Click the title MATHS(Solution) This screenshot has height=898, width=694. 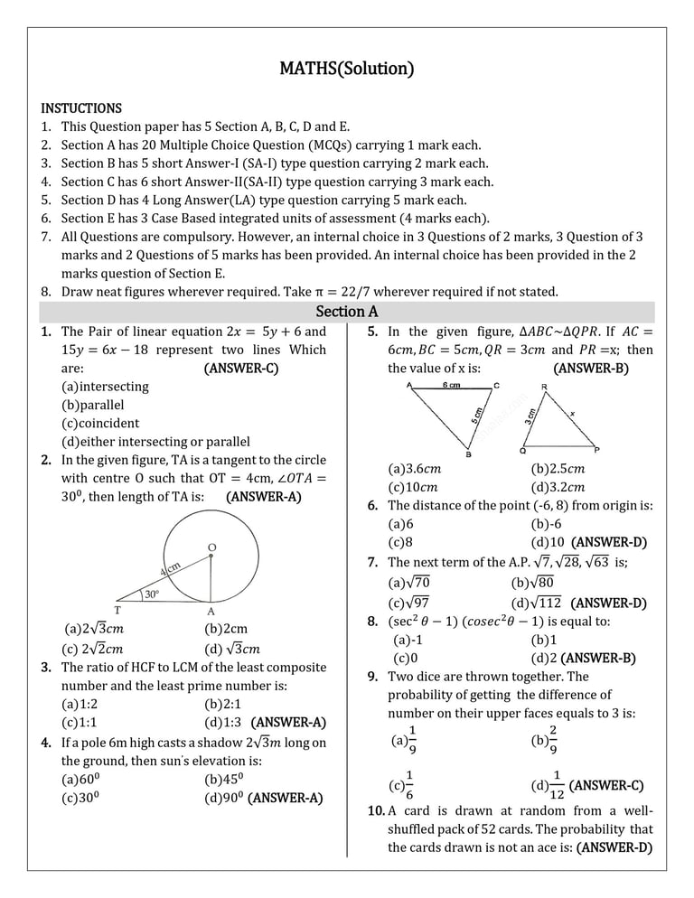pos(346,69)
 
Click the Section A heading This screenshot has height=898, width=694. pos(346,312)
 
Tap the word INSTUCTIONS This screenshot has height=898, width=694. pos(81,108)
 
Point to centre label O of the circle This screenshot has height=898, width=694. pos(211,547)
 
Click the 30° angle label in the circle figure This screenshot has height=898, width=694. pos(151,594)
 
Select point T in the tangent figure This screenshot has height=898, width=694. pos(117,610)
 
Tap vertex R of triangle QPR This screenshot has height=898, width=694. pos(543,387)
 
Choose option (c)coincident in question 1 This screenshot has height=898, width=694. pos(100,423)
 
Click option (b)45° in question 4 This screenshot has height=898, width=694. pos(223,780)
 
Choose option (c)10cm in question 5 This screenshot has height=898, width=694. pos(415,487)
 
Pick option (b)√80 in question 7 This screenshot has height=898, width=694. pos(532,583)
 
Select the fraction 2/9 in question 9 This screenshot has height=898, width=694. pos(552,738)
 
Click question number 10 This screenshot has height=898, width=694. pos(376,810)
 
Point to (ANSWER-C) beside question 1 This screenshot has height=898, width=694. pos(240,368)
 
